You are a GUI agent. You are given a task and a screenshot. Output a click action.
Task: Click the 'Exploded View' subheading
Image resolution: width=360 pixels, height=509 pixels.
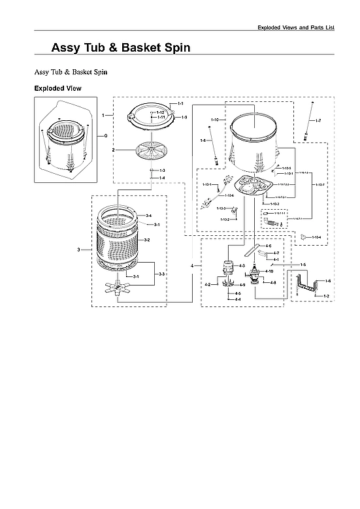[x=57, y=88]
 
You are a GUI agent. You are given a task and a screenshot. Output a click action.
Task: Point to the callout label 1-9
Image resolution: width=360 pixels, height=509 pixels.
[x=184, y=117]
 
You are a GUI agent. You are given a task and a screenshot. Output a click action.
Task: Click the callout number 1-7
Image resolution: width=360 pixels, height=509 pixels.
[x=318, y=122]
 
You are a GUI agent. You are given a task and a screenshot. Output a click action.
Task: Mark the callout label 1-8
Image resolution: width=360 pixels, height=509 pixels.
[x=203, y=140]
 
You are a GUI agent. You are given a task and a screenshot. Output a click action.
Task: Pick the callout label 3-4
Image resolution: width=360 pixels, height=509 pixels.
[x=148, y=216]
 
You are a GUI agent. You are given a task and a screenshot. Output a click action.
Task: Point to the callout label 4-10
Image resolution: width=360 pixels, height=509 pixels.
[x=269, y=271]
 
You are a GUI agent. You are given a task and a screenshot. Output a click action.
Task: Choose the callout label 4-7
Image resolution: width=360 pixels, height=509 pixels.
[x=276, y=253]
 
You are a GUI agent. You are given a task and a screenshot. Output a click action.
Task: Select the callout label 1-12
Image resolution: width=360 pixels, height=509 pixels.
[x=160, y=112]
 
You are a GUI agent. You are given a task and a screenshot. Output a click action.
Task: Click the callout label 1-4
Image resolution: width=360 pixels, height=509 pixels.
[x=161, y=178]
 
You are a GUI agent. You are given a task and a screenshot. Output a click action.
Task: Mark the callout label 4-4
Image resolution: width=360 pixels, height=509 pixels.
[x=238, y=299]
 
